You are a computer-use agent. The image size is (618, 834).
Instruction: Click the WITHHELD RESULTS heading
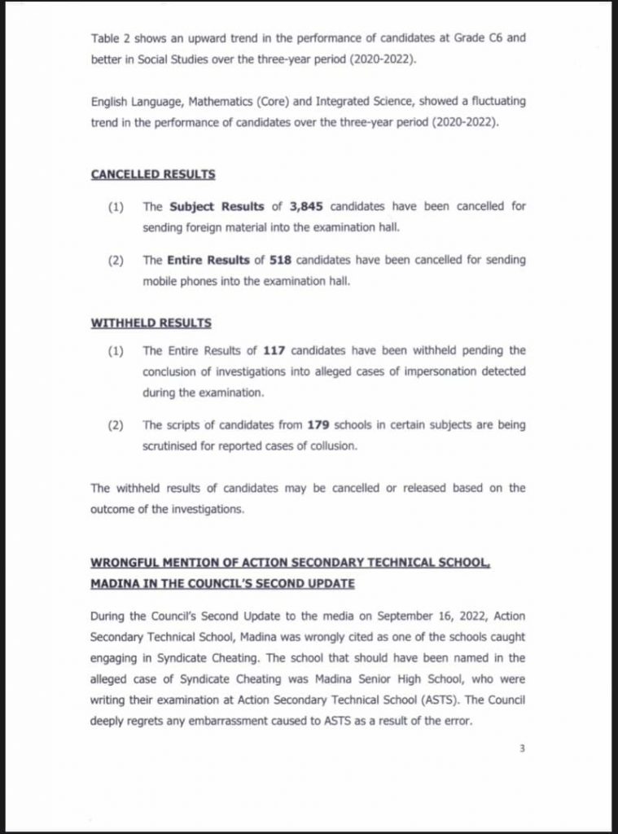[151, 323]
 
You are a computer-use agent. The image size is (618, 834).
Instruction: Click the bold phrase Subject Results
[204, 206]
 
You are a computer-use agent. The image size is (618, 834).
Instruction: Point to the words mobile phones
[180, 280]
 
